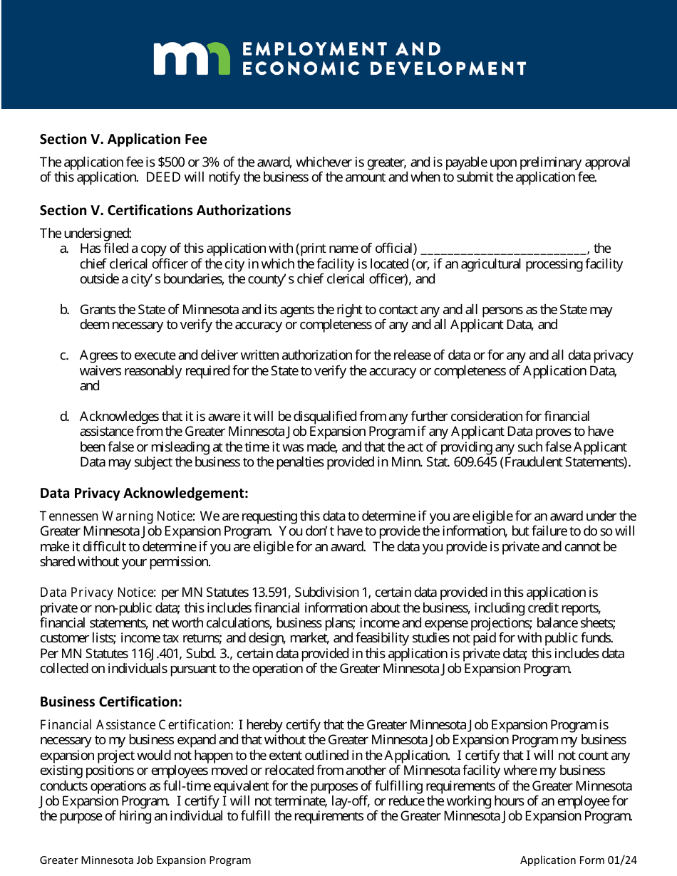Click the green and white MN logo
click(192, 58)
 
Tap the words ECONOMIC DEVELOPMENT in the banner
click(384, 68)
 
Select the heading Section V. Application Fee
click(123, 139)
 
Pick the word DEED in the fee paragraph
click(163, 177)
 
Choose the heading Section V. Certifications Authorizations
click(165, 210)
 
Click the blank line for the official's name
click(503, 249)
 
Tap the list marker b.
click(64, 310)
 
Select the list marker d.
click(64, 416)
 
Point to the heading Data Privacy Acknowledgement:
click(144, 493)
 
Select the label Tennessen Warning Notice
click(116, 516)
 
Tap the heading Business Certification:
click(111, 702)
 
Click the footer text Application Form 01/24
click(578, 860)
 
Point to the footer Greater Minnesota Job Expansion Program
click(145, 860)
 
